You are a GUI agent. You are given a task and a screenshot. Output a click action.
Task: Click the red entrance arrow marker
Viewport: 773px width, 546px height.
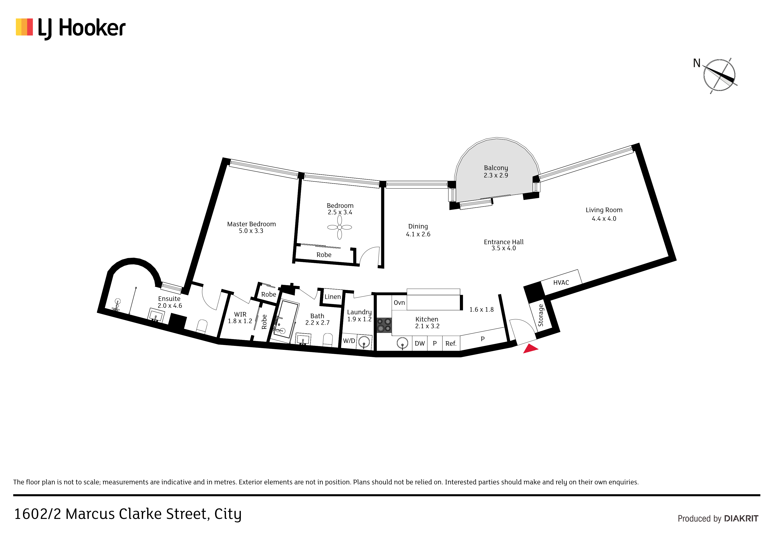pyautogui.click(x=530, y=349)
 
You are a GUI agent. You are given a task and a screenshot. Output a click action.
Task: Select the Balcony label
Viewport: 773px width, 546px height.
pyautogui.click(x=496, y=168)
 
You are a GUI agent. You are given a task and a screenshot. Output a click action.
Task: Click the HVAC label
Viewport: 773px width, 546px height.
pyautogui.click(x=561, y=283)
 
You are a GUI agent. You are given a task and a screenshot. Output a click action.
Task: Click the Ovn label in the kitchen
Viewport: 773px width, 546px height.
pyautogui.click(x=399, y=303)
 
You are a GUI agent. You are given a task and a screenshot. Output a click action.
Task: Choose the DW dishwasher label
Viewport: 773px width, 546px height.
pyautogui.click(x=420, y=343)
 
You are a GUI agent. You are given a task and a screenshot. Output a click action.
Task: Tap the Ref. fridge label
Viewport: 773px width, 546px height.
pyautogui.click(x=451, y=343)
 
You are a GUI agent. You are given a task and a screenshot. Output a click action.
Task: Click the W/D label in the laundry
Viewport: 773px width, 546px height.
pyautogui.click(x=349, y=341)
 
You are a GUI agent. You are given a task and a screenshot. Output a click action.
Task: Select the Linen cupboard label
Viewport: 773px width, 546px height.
pyautogui.click(x=333, y=297)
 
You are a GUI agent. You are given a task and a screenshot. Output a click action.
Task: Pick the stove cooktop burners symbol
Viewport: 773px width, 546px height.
pyautogui.click(x=384, y=325)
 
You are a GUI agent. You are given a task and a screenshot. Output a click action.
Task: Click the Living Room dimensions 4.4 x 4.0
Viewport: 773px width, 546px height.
pyautogui.click(x=604, y=219)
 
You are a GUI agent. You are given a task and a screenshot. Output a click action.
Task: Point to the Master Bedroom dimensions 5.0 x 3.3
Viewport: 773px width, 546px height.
pyautogui.click(x=251, y=231)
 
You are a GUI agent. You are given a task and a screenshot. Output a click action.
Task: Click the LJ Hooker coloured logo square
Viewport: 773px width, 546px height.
pyautogui.click(x=24, y=27)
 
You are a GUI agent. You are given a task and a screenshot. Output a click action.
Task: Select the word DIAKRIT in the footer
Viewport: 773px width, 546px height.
pyautogui.click(x=741, y=518)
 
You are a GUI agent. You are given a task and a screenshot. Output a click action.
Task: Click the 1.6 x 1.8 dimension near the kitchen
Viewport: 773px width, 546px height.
pyautogui.click(x=481, y=310)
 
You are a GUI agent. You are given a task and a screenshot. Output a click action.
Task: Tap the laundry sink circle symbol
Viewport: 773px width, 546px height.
pyautogui.click(x=364, y=343)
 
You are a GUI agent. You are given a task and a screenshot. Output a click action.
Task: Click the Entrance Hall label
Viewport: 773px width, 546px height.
pyautogui.click(x=504, y=242)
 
